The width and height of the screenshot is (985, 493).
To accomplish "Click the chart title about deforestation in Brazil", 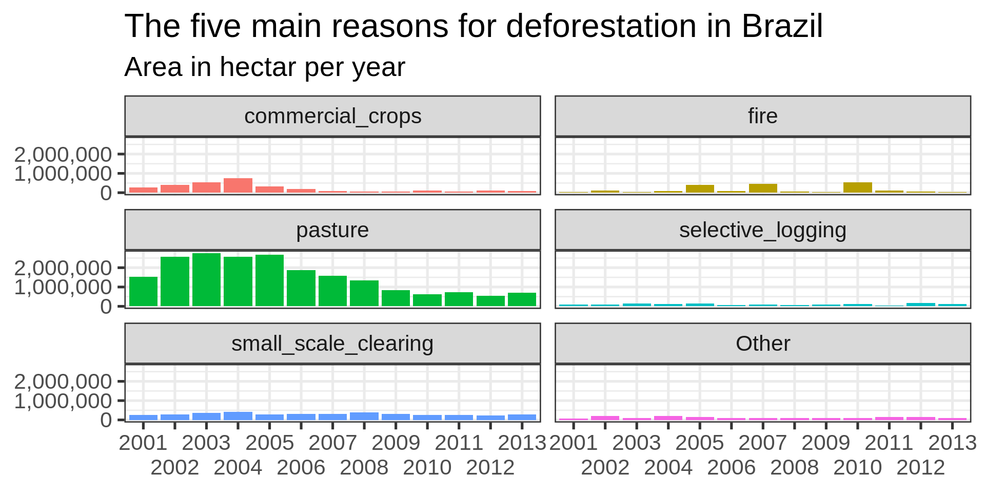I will pyautogui.click(x=473, y=26).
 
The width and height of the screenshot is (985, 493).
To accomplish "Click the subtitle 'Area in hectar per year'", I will pyautogui.click(x=265, y=67).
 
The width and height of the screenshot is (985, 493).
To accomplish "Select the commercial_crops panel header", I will pyautogui.click(x=332, y=116).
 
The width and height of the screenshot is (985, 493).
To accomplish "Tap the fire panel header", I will pyautogui.click(x=762, y=116).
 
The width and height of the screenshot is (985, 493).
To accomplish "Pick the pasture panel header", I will pyautogui.click(x=332, y=230).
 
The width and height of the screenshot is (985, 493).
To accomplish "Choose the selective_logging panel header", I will pyautogui.click(x=762, y=230).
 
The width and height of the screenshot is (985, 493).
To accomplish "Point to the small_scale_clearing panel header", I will pyautogui.click(x=332, y=344).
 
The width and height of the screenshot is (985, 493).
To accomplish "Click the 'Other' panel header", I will pyautogui.click(x=762, y=344).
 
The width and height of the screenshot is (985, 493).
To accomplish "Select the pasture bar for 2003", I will pyautogui.click(x=206, y=280).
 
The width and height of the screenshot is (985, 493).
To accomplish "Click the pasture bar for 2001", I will pyautogui.click(x=143, y=292).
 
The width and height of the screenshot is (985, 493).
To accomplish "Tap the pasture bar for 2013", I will pyautogui.click(x=522, y=299).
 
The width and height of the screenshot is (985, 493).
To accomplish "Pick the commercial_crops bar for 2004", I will pyautogui.click(x=238, y=185).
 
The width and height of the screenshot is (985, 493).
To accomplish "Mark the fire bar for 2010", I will pyautogui.click(x=857, y=187).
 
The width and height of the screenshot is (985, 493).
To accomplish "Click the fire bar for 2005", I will pyautogui.click(x=700, y=188).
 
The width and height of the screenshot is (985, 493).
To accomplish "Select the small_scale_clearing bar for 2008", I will pyautogui.click(x=364, y=416).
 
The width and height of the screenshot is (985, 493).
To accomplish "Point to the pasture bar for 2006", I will pyautogui.click(x=301, y=288).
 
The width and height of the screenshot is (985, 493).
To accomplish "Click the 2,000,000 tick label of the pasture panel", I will pyautogui.click(x=63, y=268).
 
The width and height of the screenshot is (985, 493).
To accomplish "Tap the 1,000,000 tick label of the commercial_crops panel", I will pyautogui.click(x=63, y=174).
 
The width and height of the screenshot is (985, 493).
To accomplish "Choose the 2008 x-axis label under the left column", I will pyautogui.click(x=364, y=468).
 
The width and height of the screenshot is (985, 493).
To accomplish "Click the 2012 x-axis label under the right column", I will pyautogui.click(x=920, y=468).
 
